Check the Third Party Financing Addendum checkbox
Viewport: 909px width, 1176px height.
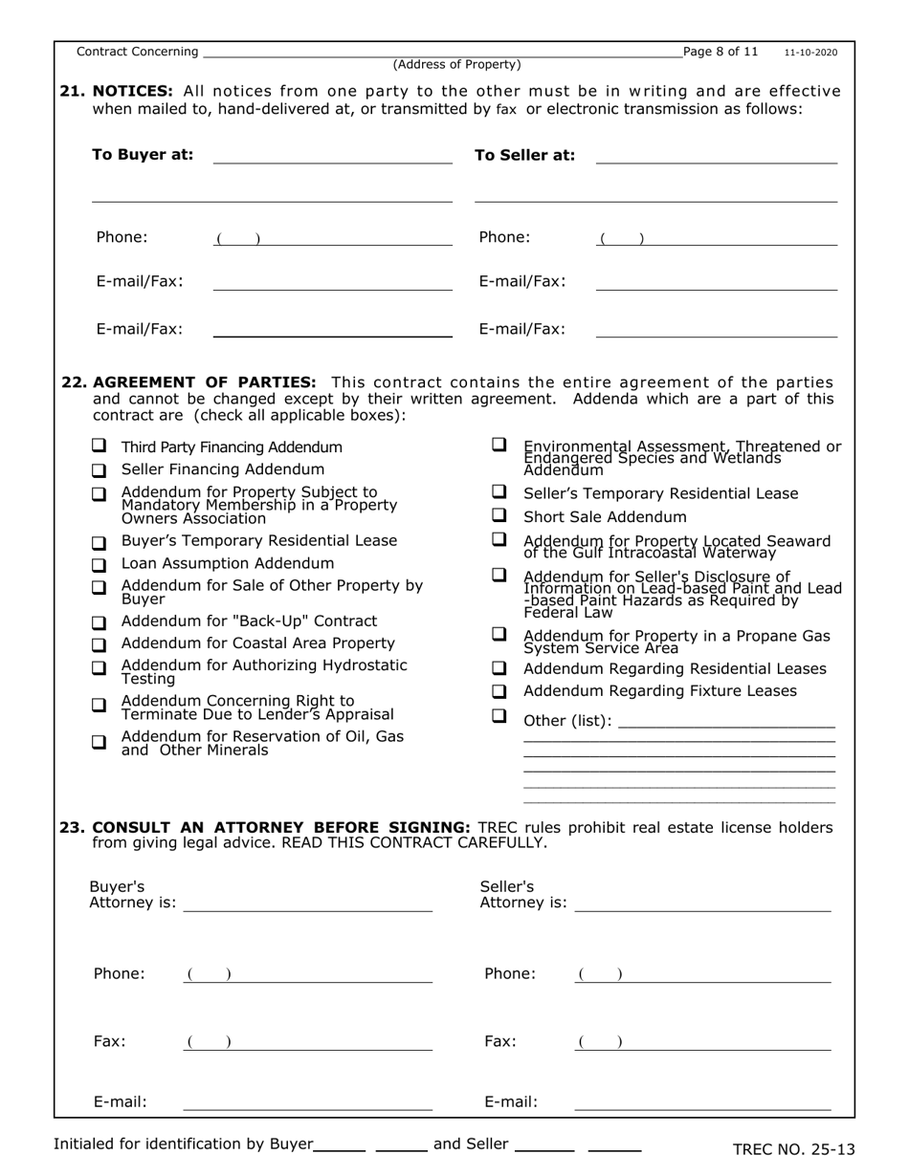[x=99, y=446]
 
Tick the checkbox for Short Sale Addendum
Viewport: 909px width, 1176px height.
[x=499, y=515]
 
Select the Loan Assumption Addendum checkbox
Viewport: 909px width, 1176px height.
[x=99, y=565]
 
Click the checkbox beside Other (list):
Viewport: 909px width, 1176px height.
[x=499, y=716]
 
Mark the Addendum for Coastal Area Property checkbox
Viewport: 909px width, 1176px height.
[x=99, y=644]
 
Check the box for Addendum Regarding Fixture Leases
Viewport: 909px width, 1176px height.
[x=499, y=690]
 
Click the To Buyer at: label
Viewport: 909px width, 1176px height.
[x=142, y=155]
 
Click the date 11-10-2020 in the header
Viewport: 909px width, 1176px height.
[x=810, y=53]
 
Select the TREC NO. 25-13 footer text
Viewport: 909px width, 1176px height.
[x=793, y=1149]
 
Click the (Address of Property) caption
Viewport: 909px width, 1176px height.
[x=457, y=65]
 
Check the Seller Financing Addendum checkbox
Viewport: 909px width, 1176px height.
[x=99, y=470]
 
